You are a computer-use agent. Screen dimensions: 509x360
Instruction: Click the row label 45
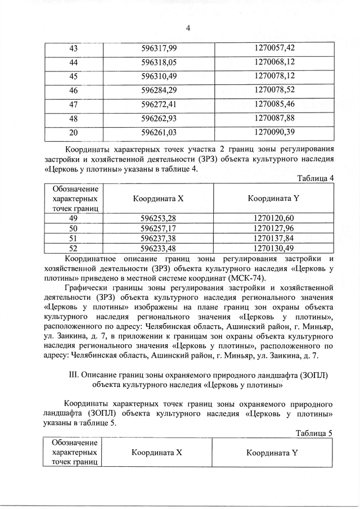[x=73, y=76]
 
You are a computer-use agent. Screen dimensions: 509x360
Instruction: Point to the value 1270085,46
[x=274, y=104]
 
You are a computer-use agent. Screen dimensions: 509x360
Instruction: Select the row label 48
[x=73, y=118]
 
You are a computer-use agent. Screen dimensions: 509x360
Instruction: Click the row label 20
[x=73, y=133]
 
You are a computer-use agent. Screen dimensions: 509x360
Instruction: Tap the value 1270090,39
[x=274, y=132]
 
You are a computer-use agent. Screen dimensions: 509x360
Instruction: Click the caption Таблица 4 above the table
[x=315, y=178]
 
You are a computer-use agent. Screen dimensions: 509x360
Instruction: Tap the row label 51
[x=73, y=238]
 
